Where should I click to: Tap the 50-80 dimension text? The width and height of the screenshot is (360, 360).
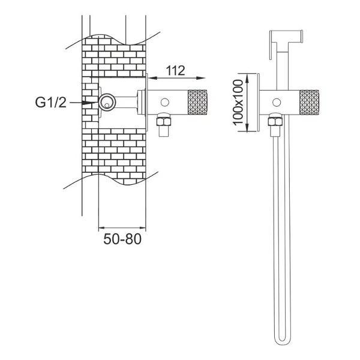click(x=122, y=239)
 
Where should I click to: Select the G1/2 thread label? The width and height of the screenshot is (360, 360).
click(x=50, y=102)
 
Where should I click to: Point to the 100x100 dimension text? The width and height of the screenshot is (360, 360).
click(x=238, y=103)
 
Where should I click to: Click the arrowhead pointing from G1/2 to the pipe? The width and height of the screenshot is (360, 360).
click(x=90, y=103)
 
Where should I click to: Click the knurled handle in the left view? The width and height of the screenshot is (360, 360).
click(x=197, y=102)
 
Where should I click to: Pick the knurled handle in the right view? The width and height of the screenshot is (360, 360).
click(x=309, y=103)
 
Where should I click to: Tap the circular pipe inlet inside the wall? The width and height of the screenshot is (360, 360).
click(x=107, y=102)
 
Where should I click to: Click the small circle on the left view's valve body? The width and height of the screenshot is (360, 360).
click(x=164, y=102)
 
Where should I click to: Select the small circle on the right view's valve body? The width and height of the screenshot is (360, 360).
click(x=277, y=103)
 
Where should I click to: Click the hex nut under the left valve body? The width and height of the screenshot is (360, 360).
click(x=163, y=120)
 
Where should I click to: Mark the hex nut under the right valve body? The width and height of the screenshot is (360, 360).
click(x=275, y=120)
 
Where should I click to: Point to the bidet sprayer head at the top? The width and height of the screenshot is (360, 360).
click(x=286, y=37)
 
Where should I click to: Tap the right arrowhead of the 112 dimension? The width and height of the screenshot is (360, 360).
click(x=200, y=78)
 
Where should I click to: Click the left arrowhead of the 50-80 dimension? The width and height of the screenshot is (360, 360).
click(x=101, y=228)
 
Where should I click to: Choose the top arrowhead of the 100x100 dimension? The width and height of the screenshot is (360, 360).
click(x=247, y=78)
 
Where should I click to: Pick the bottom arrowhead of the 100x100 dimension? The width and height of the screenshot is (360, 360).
click(x=247, y=127)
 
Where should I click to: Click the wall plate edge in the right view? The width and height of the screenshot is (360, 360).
click(x=258, y=103)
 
